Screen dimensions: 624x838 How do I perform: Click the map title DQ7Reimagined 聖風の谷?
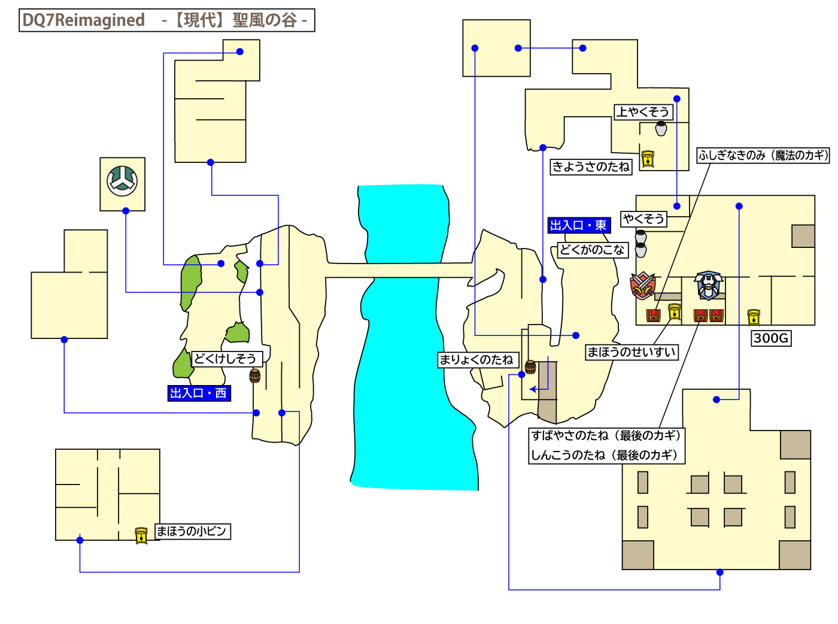pyautogui.click(x=166, y=20)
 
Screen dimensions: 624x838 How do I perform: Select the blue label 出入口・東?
pyautogui.click(x=578, y=225)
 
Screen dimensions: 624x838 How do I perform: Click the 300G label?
pyautogui.click(x=771, y=338)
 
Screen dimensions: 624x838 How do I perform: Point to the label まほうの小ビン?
pyautogui.click(x=192, y=531)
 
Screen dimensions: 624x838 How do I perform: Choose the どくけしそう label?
pyautogui.click(x=226, y=359)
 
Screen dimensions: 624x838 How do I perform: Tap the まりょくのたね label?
pyautogui.click(x=476, y=359)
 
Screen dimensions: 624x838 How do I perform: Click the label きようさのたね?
pyautogui.click(x=591, y=166)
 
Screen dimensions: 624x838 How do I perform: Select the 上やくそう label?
pyautogui.click(x=643, y=112)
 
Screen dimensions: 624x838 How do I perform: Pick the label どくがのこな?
pyautogui.click(x=592, y=250)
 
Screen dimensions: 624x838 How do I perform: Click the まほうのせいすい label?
pyautogui.click(x=631, y=352)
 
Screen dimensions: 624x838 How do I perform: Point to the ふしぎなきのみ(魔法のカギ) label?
pyautogui.click(x=763, y=155)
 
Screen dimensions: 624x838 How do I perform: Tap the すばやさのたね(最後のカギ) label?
pyautogui.click(x=606, y=435)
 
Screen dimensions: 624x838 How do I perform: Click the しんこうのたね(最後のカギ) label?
pyautogui.click(x=605, y=455)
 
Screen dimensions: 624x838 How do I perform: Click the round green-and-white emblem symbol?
pyautogui.click(x=122, y=181)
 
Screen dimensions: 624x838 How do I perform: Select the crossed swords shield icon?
pyautogui.click(x=643, y=286)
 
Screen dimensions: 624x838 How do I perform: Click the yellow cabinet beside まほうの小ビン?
pyautogui.click(x=141, y=535)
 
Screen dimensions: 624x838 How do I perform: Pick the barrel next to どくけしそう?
pyautogui.click(x=255, y=375)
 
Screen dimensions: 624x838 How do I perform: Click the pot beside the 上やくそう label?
pyautogui.click(x=661, y=128)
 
